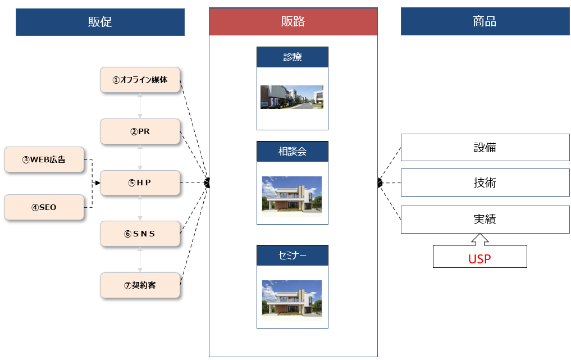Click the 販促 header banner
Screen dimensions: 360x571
[100, 22]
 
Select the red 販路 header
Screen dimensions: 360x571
[293, 21]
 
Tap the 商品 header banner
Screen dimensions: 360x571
[485, 22]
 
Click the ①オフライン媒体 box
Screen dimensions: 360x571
[140, 80]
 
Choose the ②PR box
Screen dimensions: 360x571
[140, 131]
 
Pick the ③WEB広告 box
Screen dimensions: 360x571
[44, 160]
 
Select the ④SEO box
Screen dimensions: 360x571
[44, 207]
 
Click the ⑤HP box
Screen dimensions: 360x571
[140, 183]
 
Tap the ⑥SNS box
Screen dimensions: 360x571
[140, 234]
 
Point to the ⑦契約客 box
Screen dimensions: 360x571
[140, 285]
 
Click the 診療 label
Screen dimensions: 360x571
[293, 57]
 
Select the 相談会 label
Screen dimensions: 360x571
[293, 152]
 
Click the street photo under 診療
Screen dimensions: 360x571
[292, 97]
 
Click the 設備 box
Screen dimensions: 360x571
[485, 148]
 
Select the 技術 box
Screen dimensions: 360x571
[485, 183]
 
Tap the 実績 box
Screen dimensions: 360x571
[485, 220]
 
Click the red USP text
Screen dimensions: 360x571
[480, 259]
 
